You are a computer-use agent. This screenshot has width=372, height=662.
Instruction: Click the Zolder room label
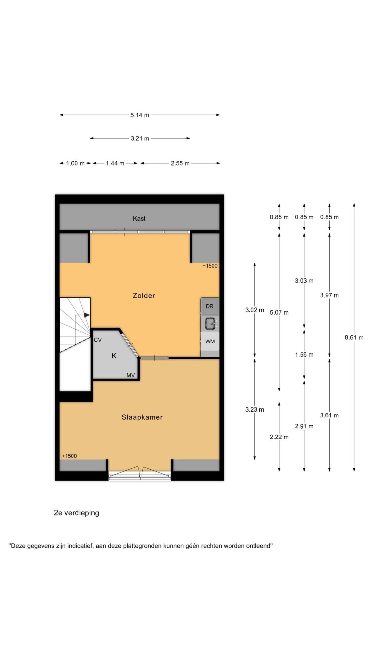coord(144,296)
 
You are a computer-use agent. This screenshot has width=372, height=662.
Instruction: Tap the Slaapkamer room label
coord(142,417)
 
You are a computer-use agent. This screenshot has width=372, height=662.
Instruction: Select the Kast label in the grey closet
coord(139,219)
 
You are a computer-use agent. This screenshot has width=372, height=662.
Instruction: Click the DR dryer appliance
coord(210,306)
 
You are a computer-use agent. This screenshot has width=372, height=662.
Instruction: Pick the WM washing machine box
coord(210,341)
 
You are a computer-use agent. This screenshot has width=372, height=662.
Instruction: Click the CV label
coord(98,340)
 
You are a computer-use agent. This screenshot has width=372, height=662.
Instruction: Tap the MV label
coord(131,375)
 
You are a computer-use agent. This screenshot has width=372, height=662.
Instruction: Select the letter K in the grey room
coord(114,356)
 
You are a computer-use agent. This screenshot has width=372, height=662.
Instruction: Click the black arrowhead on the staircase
coord(87,315)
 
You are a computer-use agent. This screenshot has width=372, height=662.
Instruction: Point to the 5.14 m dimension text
coord(140,115)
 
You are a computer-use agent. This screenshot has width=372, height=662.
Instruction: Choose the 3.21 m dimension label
coord(140,138)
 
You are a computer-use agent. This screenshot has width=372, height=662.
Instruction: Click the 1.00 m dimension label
coord(75,163)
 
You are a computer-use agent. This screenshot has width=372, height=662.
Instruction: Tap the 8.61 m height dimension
coord(354,337)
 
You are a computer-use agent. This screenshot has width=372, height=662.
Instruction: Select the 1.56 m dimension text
coord(304,355)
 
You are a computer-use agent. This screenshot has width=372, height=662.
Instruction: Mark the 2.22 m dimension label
coord(279,437)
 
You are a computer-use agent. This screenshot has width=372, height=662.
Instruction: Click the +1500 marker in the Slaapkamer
coord(69,456)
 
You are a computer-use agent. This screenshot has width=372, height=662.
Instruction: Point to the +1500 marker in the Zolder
coord(210,266)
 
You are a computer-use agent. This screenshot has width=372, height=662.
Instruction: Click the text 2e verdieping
coord(76,513)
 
